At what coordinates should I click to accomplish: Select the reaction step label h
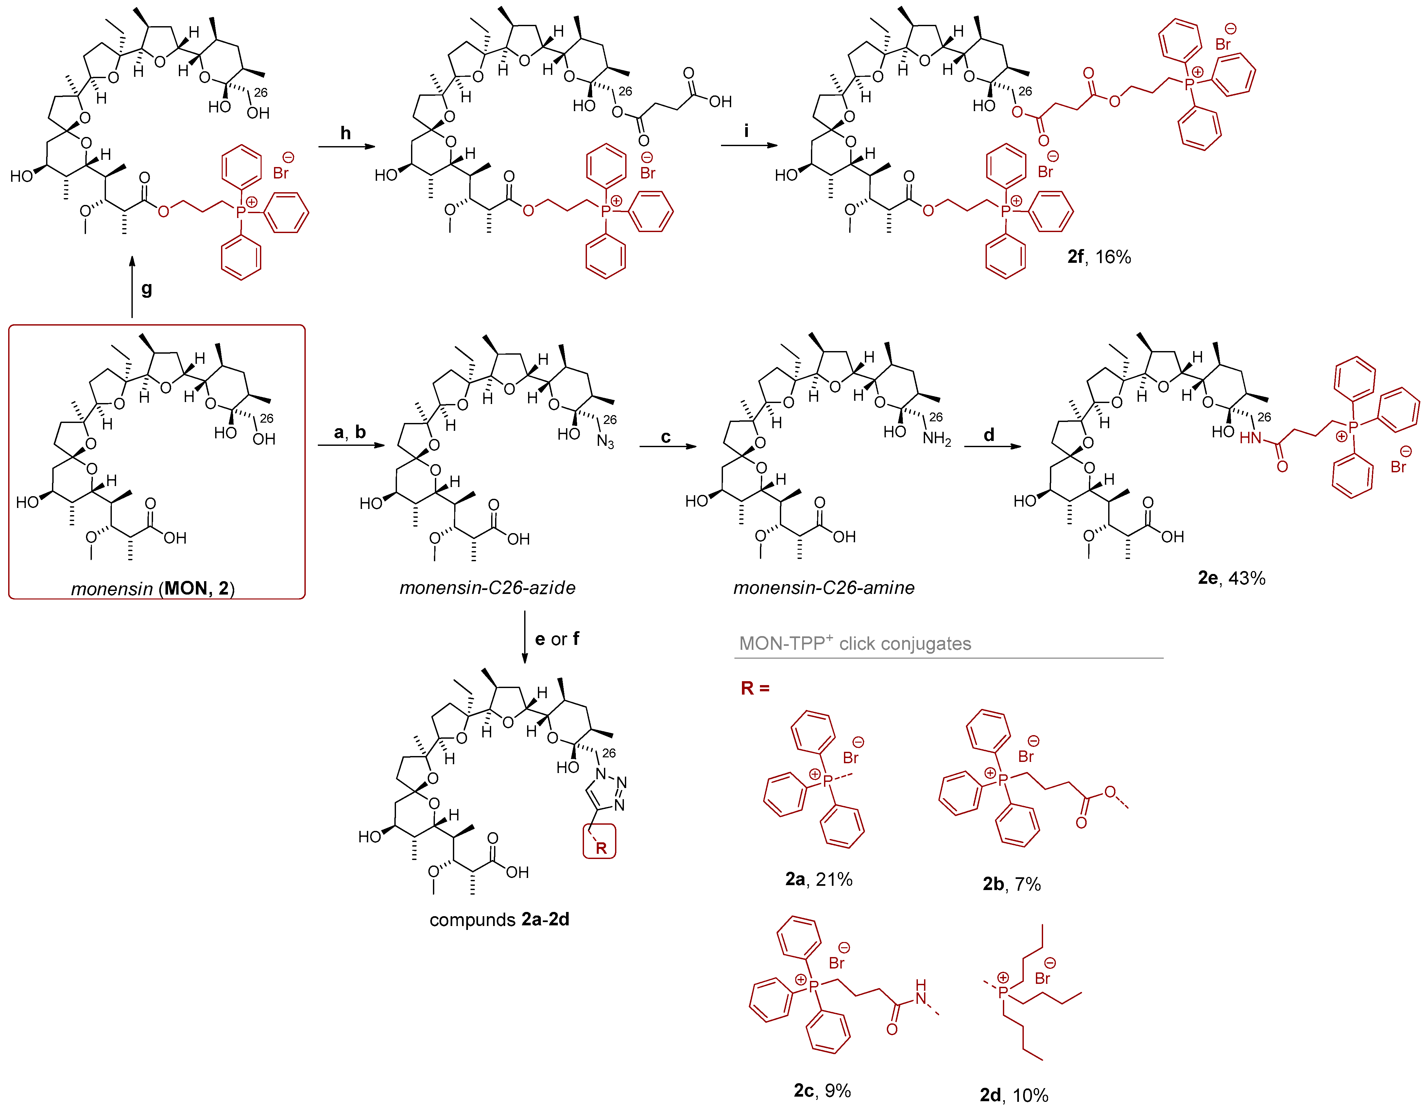click(345, 133)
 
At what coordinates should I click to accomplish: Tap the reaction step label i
click(746, 131)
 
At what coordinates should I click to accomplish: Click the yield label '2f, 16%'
click(1099, 257)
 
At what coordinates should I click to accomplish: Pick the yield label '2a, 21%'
click(819, 879)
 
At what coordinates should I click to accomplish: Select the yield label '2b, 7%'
click(1011, 884)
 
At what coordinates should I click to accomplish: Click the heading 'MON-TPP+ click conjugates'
click(855, 644)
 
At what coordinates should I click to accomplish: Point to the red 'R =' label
click(755, 688)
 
